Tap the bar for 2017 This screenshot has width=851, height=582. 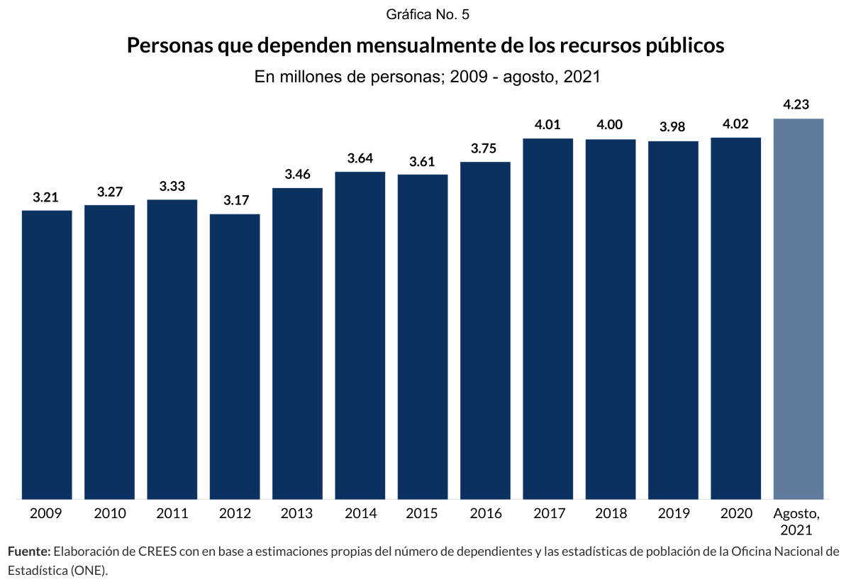(548, 319)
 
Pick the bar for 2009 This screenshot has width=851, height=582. (47, 355)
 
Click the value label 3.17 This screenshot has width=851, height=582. (235, 200)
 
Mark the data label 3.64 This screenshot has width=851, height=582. (360, 158)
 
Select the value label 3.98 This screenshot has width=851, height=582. (673, 127)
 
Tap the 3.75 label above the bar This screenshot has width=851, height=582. (485, 148)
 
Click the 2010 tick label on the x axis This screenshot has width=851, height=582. (109, 513)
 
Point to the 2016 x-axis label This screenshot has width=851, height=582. (485, 513)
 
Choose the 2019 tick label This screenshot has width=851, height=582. (673, 513)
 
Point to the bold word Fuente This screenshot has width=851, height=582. (29, 551)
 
